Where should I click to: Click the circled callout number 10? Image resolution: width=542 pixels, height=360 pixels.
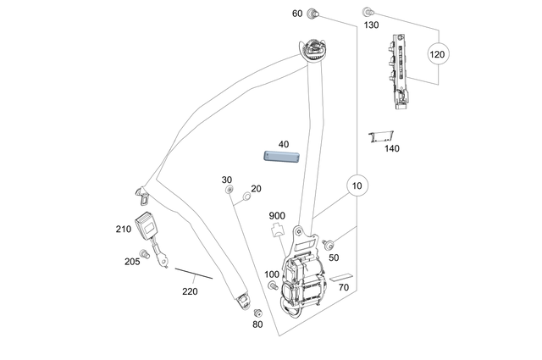pyautogui.click(x=357, y=185)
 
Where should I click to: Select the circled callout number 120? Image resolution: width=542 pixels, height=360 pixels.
pyautogui.click(x=437, y=54)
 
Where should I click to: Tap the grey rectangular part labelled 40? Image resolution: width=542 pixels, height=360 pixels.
pyautogui.click(x=282, y=154)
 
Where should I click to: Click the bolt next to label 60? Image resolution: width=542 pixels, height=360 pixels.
pyautogui.click(x=314, y=13)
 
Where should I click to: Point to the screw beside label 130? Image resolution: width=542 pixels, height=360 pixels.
pyautogui.click(x=368, y=13)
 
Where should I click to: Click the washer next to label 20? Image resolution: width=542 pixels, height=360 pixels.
pyautogui.click(x=246, y=197)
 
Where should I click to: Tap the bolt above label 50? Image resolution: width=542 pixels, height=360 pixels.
pyautogui.click(x=329, y=244)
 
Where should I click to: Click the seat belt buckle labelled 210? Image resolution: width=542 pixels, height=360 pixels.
pyautogui.click(x=152, y=228)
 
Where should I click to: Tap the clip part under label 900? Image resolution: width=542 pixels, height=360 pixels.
pyautogui.click(x=277, y=230)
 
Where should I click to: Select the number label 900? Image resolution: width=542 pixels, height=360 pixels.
pyautogui.click(x=277, y=215)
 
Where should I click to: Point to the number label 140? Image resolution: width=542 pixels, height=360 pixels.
pyautogui.click(x=391, y=149)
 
